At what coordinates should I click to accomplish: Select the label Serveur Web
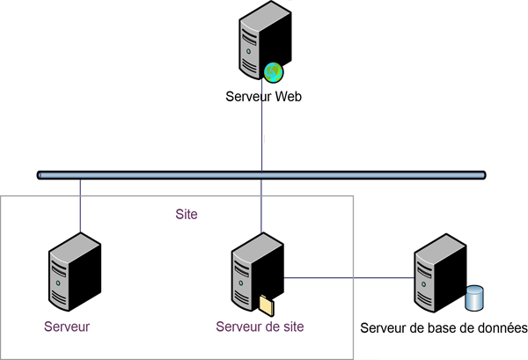pyautogui.click(x=264, y=97)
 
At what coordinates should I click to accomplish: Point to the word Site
pyautogui.click(x=187, y=214)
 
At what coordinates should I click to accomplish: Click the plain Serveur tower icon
pyautogui.click(x=72, y=274)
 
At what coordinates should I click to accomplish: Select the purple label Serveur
pyautogui.click(x=68, y=326)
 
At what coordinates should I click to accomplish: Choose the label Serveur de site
pyautogui.click(x=260, y=326)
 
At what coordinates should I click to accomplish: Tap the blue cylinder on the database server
pyautogui.click(x=476, y=298)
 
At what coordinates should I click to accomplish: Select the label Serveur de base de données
pyautogui.click(x=444, y=329)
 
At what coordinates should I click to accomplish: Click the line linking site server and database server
pyautogui.click(x=352, y=278)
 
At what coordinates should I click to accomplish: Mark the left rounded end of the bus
pyautogui.click(x=40, y=174)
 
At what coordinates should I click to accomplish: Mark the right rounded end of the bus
pyautogui.click(x=482, y=174)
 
